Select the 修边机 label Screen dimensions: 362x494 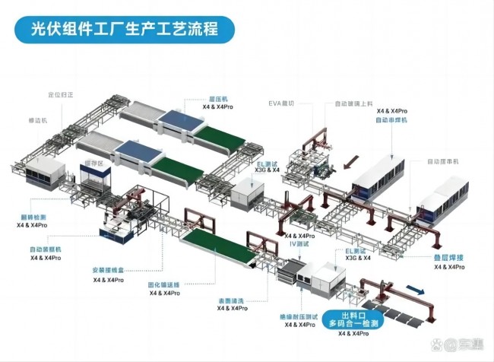[37, 120]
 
